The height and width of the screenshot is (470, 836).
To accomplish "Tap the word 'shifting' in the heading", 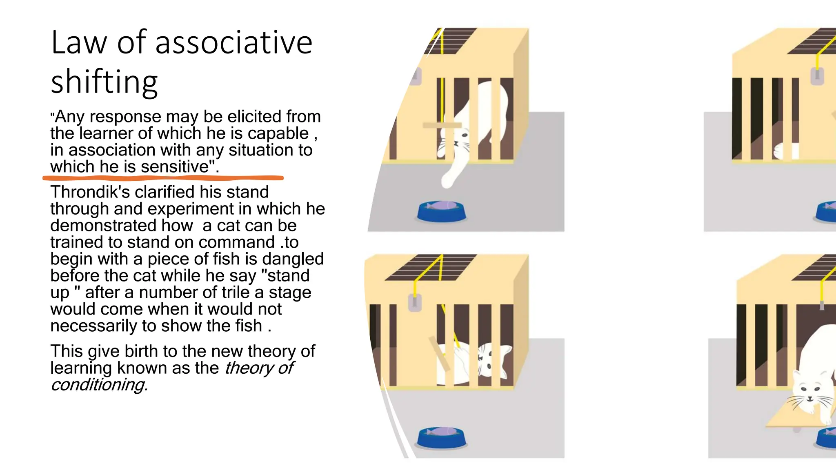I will coord(104,82).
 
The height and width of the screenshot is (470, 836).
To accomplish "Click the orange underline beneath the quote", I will coord(163,178).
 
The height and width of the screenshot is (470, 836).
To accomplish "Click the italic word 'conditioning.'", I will coord(99,385).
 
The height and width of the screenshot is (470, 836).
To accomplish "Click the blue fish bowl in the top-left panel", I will coord(441,211).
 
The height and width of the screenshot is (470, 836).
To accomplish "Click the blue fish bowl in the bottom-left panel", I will coord(441,437).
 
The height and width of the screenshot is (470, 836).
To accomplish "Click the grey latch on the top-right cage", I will coord(817,76).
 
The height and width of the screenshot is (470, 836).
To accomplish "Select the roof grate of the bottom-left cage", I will coord(431,267).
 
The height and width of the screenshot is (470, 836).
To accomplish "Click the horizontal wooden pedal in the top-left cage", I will coord(442,125).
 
